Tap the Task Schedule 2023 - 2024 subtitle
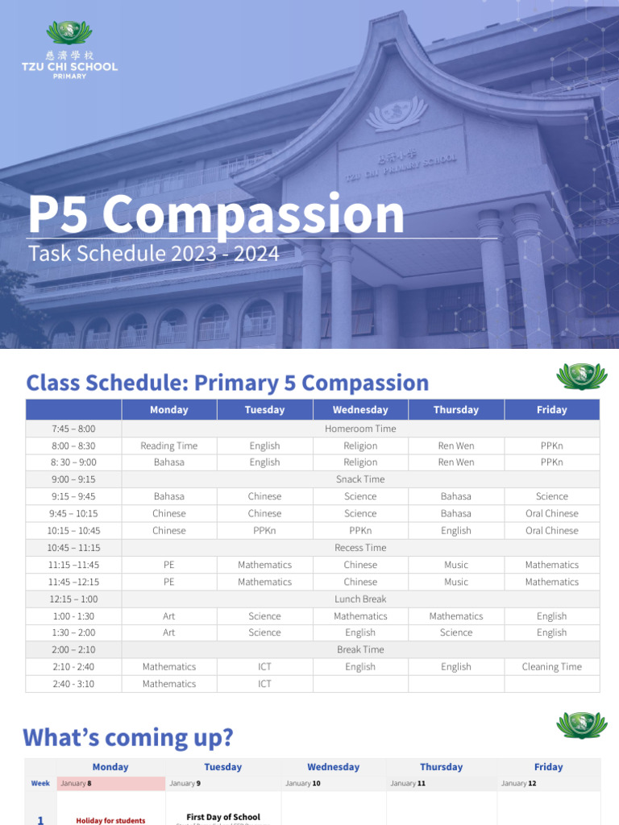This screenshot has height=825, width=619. click(x=154, y=254)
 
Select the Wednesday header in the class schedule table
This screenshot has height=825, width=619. click(x=360, y=410)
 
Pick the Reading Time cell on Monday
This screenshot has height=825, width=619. click(x=168, y=446)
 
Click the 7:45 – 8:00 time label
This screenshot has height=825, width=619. click(x=73, y=429)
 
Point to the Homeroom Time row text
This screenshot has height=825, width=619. click(x=360, y=429)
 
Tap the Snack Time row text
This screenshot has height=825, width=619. click(x=360, y=479)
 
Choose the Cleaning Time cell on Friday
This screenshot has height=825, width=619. click(x=551, y=667)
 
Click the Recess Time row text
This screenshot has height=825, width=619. click(x=360, y=548)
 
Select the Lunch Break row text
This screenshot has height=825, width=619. click(x=360, y=599)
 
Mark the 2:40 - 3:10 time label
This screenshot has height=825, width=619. click(x=73, y=684)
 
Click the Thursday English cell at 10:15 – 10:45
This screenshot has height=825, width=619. click(x=455, y=531)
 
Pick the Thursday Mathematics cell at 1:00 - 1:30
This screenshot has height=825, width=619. click(x=455, y=616)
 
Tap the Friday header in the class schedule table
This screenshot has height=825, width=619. click(x=551, y=410)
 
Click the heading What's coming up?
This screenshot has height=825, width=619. click(x=128, y=737)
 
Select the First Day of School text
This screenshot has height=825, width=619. click(x=223, y=817)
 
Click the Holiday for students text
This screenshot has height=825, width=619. click(x=110, y=820)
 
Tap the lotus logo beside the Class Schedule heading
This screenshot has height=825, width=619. click(x=582, y=376)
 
